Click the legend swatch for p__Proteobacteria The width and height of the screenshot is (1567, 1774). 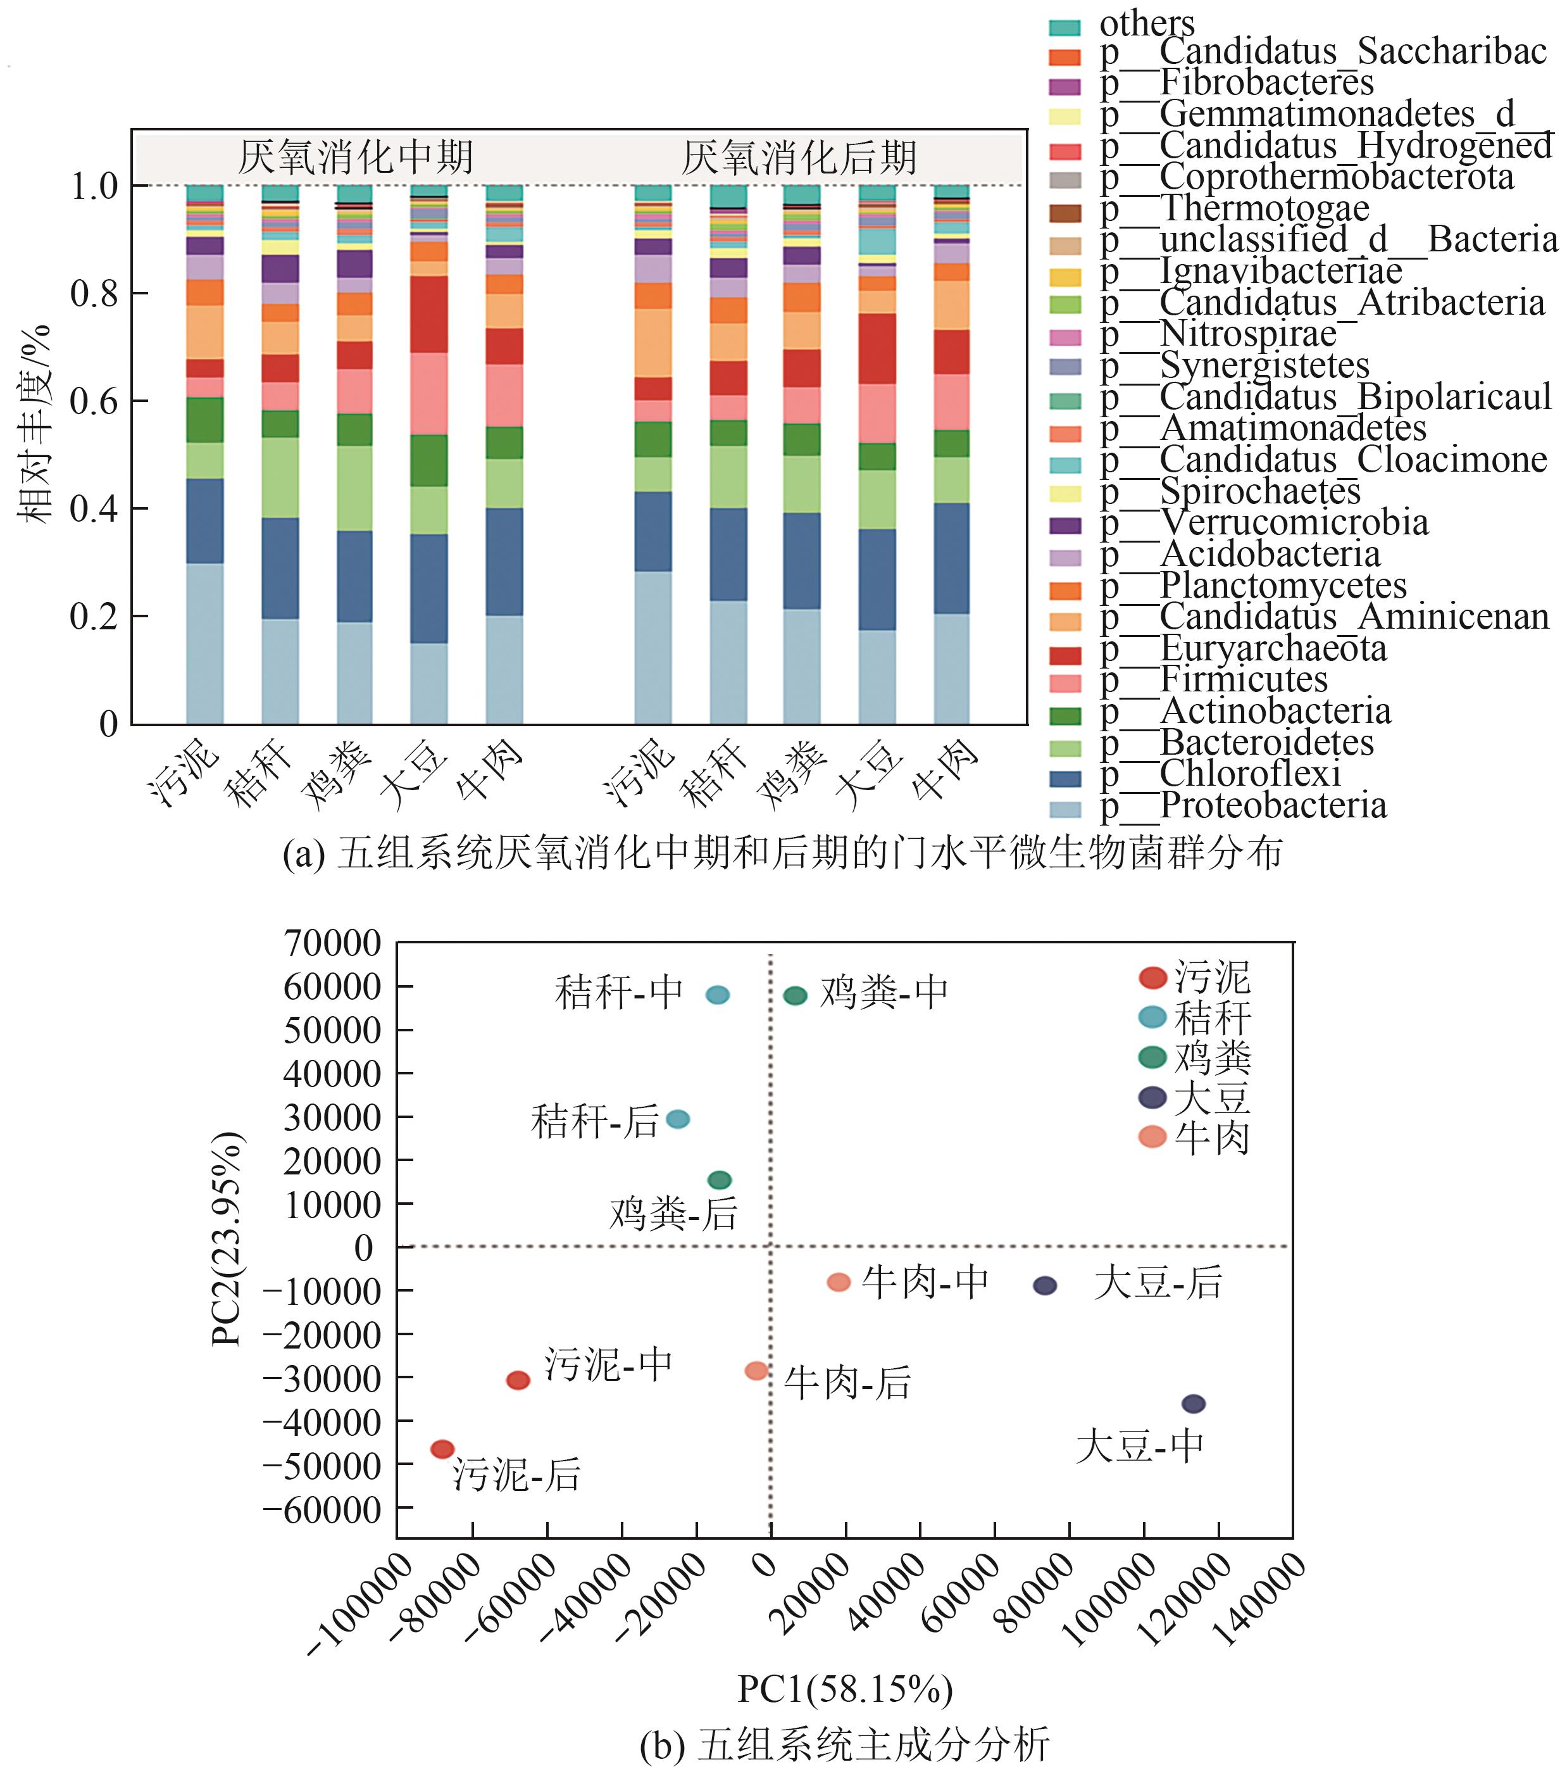tap(1064, 809)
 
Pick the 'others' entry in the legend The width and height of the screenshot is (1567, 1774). tap(1146, 23)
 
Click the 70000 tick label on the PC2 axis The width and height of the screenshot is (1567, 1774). tap(332, 943)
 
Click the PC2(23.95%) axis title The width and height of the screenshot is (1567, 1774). tap(227, 1238)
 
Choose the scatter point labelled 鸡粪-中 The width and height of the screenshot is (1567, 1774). tap(795, 995)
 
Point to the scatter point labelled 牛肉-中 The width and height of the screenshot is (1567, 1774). tap(838, 1282)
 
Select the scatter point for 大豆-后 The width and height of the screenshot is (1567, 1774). tap(1045, 1285)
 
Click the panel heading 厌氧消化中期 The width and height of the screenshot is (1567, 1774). tap(356, 157)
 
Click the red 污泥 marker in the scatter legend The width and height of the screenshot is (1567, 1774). tap(1152, 978)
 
